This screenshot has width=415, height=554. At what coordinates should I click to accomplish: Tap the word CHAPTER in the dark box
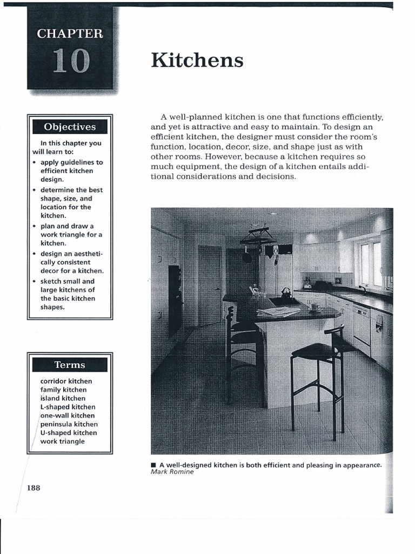(70, 34)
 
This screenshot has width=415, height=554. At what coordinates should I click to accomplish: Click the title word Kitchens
(197, 61)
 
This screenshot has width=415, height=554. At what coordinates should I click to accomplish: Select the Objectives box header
(70, 127)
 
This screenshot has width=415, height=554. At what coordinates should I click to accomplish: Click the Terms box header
(70, 365)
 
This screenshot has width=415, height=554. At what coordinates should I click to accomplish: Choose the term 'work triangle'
(63, 441)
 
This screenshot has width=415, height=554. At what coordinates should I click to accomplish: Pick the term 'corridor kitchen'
(66, 381)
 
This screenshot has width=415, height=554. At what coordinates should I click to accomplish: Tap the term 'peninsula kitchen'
(69, 424)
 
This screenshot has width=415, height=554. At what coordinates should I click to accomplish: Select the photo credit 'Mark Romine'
(172, 472)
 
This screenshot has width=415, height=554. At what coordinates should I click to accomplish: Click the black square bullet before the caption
(154, 465)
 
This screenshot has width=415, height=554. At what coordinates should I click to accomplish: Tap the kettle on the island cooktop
(285, 293)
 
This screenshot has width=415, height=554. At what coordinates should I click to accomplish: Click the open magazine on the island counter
(278, 312)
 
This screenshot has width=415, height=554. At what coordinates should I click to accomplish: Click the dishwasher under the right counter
(361, 328)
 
